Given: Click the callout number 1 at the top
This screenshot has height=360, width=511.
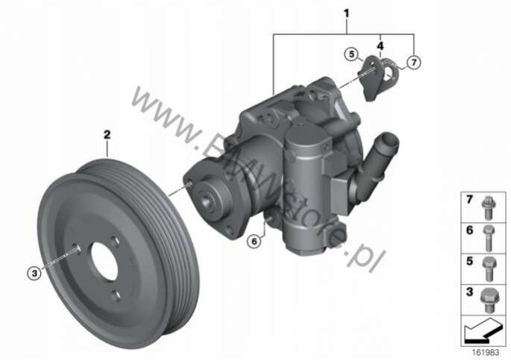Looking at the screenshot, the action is click(346, 13).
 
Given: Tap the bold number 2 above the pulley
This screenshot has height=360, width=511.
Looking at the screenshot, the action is click(107, 134).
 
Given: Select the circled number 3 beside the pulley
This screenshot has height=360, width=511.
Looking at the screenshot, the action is click(34, 273).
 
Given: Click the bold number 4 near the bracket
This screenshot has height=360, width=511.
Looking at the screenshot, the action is click(380, 46).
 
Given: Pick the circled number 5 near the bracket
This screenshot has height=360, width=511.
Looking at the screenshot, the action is click(351, 54).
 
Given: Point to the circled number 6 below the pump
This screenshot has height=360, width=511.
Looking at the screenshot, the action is click(254, 241).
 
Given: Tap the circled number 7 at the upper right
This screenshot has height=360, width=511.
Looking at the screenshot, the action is click(414, 62).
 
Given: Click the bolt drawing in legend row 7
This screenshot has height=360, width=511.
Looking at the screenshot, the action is click(488, 207).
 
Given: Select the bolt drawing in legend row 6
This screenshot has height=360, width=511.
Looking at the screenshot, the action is click(488, 239).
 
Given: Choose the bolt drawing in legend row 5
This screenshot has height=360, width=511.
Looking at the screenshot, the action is click(489, 269).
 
